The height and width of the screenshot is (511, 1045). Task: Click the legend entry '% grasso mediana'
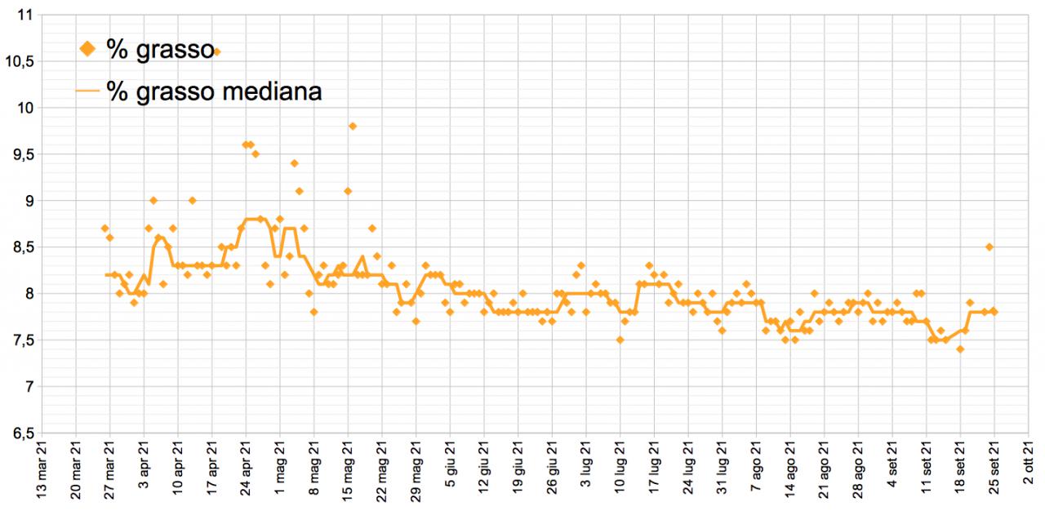coord(213,91)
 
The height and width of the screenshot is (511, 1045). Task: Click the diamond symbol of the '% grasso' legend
coord(87,50)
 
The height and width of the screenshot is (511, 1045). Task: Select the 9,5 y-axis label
coord(24,154)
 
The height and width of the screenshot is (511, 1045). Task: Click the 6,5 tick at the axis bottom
coord(24,433)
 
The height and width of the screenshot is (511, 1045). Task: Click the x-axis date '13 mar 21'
coord(42,473)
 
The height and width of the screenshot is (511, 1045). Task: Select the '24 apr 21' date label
coord(246,473)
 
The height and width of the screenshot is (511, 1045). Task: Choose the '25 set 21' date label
coord(994,473)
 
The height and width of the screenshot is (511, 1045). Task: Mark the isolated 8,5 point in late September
coord(989,247)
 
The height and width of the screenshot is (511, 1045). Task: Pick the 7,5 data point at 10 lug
coord(620,340)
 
